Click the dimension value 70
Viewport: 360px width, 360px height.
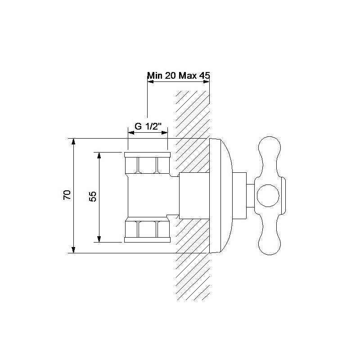tap(67, 195)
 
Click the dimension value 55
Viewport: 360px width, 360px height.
tap(93, 197)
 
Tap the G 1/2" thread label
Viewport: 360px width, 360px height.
tap(148, 126)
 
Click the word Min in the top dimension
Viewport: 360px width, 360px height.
tap(155, 75)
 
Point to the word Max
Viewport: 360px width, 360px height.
tap(188, 75)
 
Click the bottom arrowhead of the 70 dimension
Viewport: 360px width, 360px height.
tap(73, 250)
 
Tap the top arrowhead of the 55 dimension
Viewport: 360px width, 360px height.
tap(99, 155)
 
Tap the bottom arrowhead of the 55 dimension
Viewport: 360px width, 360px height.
tap(99, 239)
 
